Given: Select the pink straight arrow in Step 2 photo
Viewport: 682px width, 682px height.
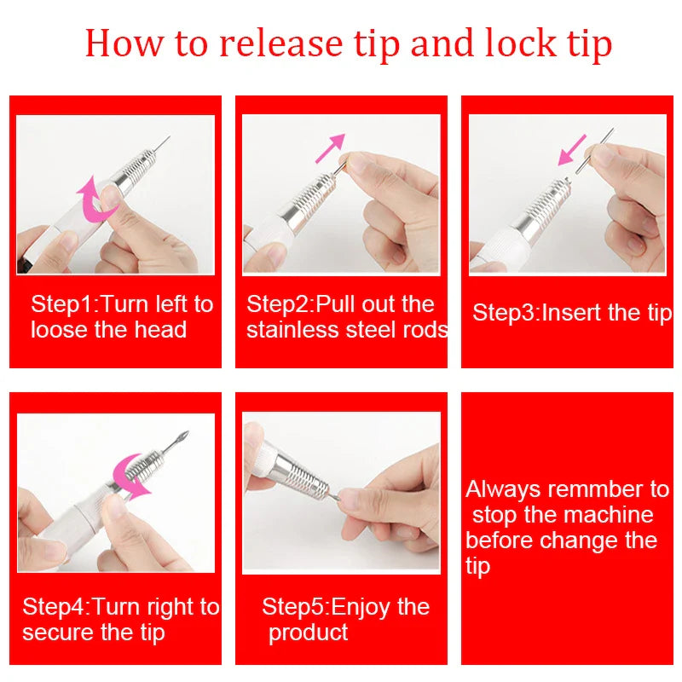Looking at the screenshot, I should (x=330, y=147).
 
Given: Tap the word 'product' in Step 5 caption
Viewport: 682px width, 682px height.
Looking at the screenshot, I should (x=308, y=633).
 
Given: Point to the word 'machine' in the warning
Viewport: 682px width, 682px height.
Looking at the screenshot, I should (x=610, y=515).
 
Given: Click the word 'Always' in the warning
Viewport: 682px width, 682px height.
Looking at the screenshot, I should (x=502, y=489).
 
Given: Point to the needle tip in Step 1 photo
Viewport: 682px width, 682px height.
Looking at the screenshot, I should (x=167, y=139).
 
